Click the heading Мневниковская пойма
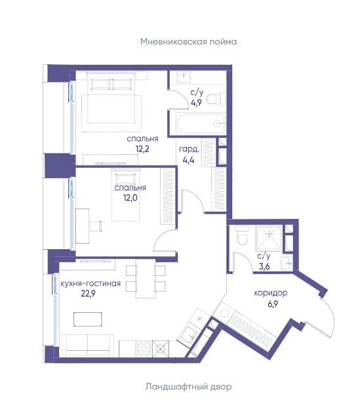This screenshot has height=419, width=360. pyautogui.click(x=188, y=42)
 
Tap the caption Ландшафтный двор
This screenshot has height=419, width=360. pyautogui.click(x=188, y=386)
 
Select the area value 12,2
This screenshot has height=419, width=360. pyautogui.click(x=142, y=149)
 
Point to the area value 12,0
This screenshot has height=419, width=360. pyautogui.click(x=130, y=198)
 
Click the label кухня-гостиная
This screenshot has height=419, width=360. pyautogui.click(x=90, y=283)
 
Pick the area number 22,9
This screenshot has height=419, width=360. pyautogui.click(x=88, y=293)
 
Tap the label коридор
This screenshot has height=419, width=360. pyautogui.click(x=270, y=293)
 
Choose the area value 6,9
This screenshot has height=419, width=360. pyautogui.click(x=273, y=304)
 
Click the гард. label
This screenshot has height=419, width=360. pyautogui.click(x=189, y=149)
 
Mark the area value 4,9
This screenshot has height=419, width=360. pyautogui.click(x=196, y=102)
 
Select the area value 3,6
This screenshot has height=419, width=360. pyautogui.click(x=264, y=266)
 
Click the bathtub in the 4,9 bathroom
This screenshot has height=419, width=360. pyautogui.click(x=201, y=123)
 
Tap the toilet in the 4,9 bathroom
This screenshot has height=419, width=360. pyautogui.click(x=216, y=99)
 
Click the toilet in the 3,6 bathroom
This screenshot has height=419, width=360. pyautogui.click(x=243, y=235)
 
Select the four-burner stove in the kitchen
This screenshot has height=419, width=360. pyautogui.click(x=144, y=348)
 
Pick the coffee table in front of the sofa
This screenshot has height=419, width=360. pyautogui.click(x=88, y=319)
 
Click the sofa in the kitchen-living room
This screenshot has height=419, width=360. pyautogui.click(x=88, y=346)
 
